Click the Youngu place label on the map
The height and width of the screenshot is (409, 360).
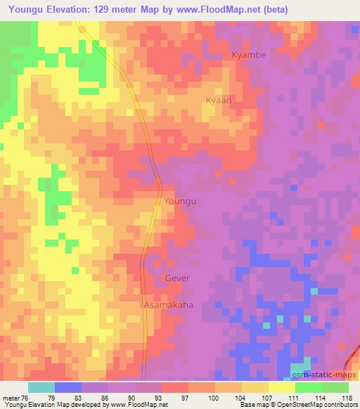point(179,201)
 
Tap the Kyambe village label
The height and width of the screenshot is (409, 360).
point(249,55)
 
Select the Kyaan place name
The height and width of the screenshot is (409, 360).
point(218,100)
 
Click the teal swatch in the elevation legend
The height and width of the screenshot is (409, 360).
point(41,387)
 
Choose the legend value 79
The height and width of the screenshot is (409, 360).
point(68,397)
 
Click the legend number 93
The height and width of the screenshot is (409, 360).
point(148,397)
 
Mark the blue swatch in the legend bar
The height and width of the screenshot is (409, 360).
point(68,387)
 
